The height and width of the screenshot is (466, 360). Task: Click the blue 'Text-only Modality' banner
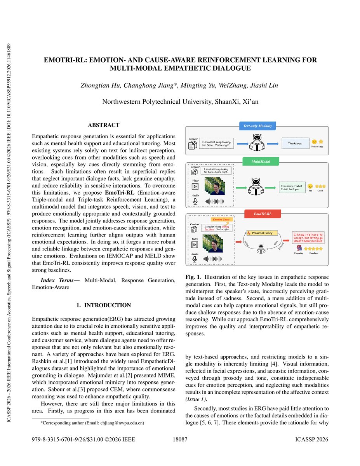pos(257,126)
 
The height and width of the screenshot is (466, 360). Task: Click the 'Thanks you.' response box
pos(294,143)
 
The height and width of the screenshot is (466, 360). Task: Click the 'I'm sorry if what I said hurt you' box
pos(291,188)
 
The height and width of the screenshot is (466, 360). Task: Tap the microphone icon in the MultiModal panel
pos(196,201)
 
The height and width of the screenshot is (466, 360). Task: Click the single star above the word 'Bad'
pos(321,142)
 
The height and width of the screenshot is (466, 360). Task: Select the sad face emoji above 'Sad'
pos(310,186)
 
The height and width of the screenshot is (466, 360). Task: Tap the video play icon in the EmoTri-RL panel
pos(196,245)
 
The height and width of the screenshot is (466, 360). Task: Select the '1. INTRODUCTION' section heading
pos(103,305)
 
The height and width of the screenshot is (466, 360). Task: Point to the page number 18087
pos(180,440)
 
